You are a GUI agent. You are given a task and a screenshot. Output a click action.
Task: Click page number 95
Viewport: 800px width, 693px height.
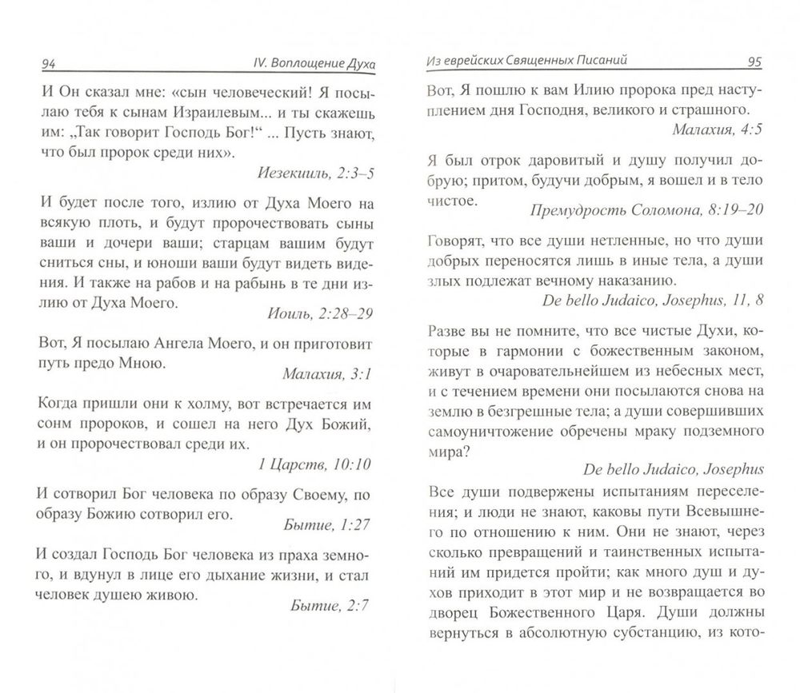coord(754,61)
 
